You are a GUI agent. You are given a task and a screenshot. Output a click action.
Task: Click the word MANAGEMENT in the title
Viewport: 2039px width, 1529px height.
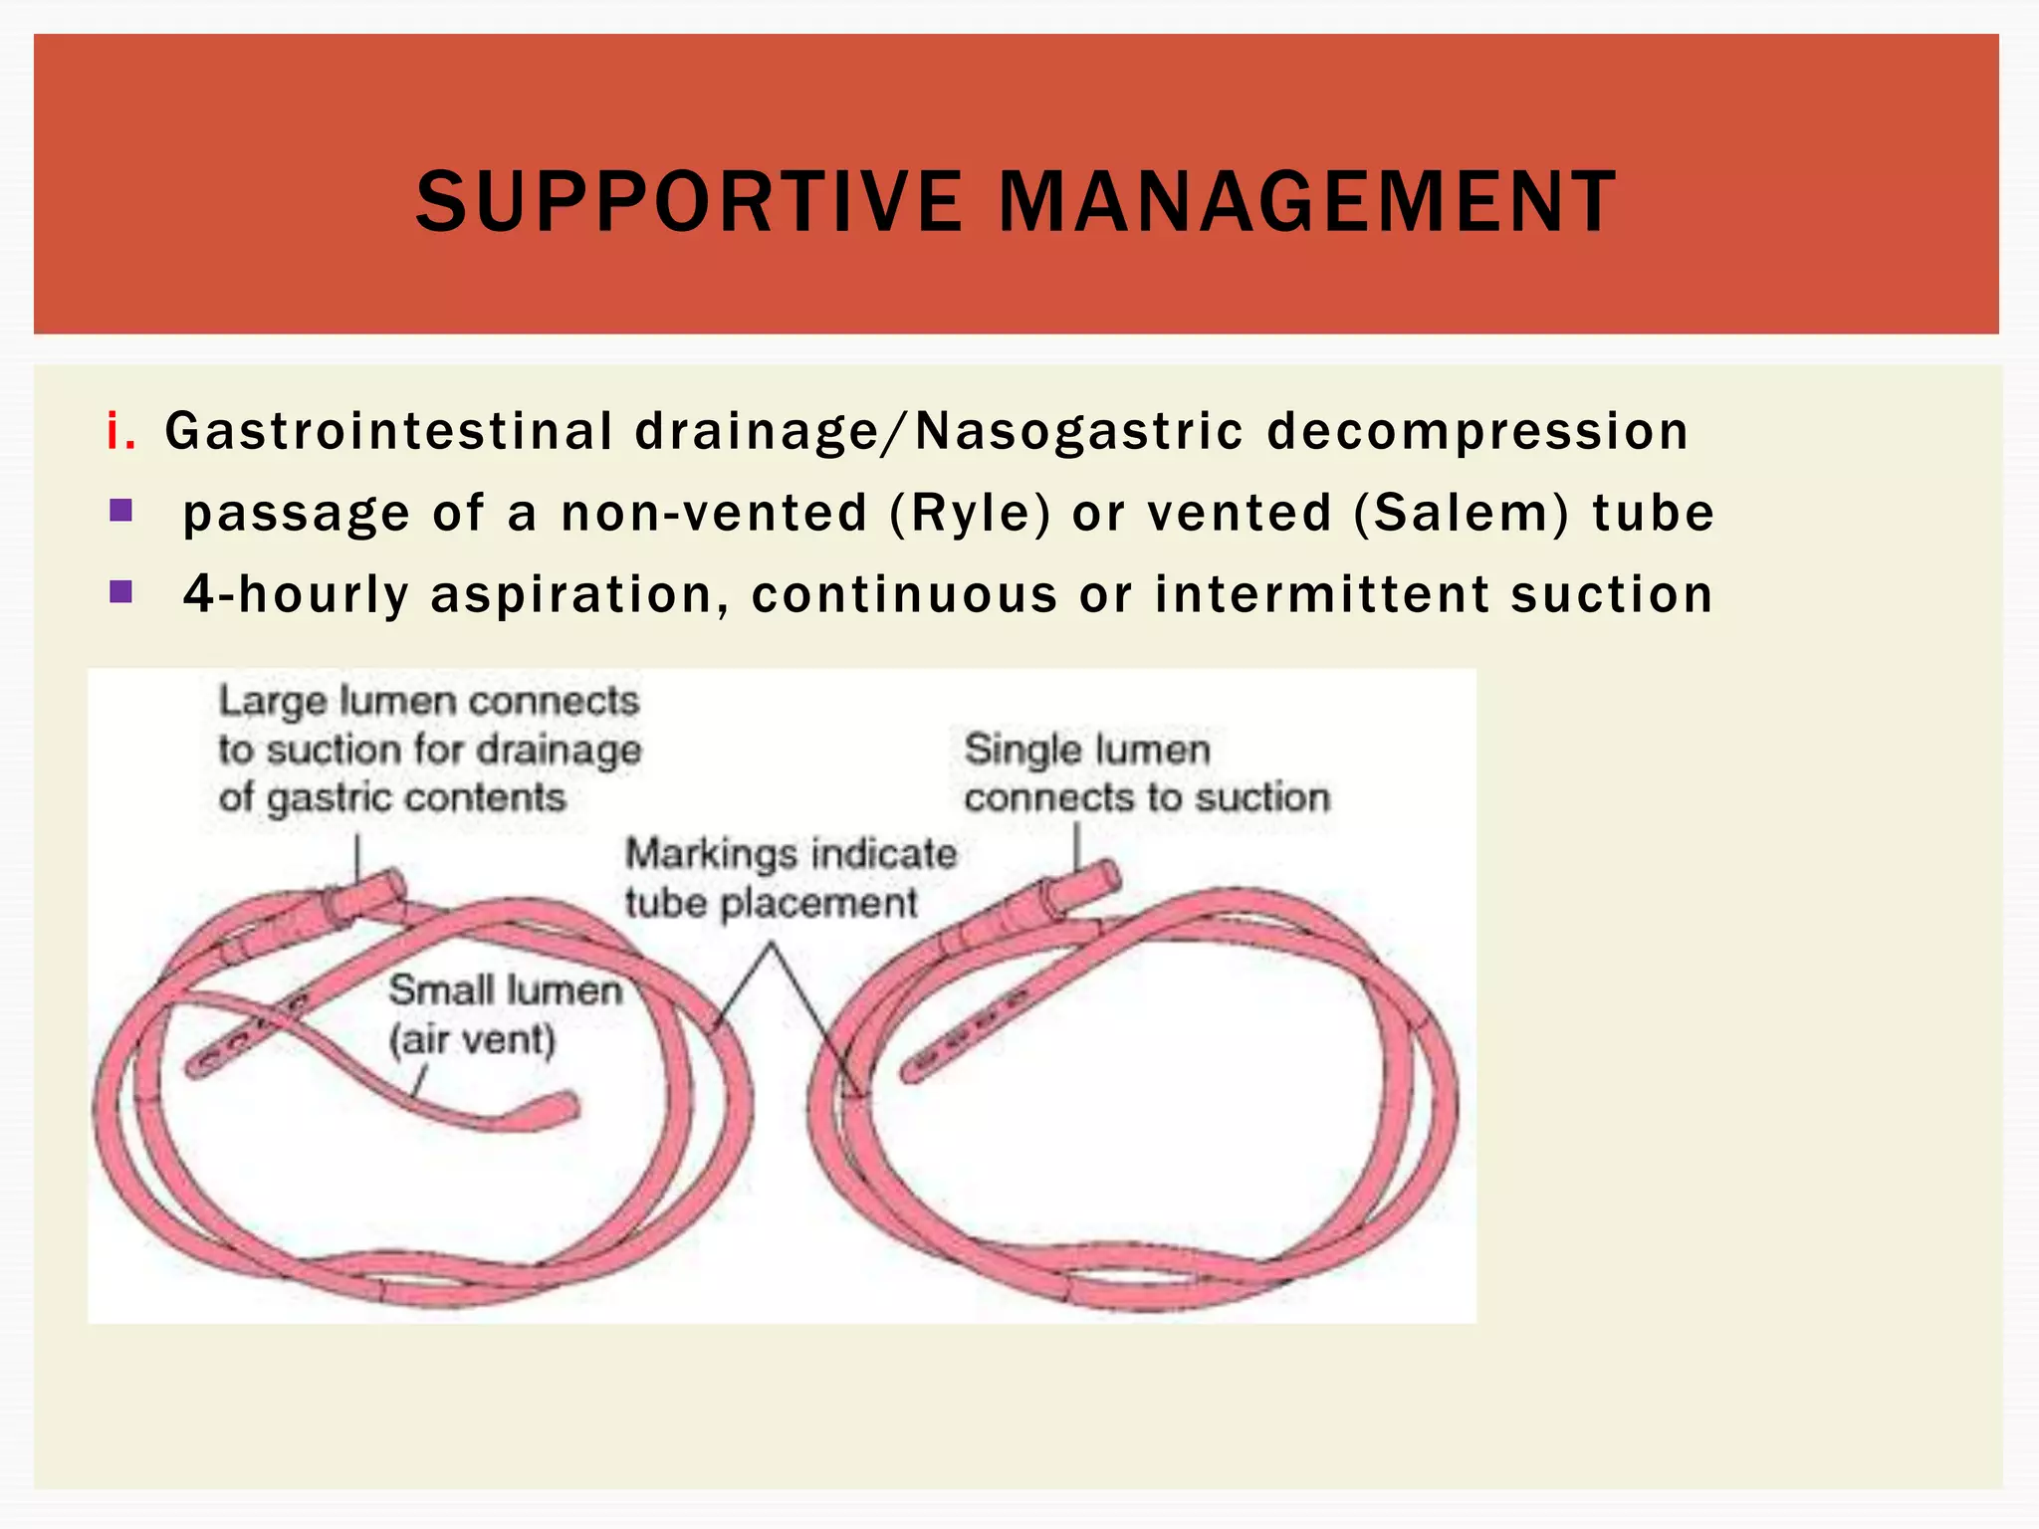(1306, 202)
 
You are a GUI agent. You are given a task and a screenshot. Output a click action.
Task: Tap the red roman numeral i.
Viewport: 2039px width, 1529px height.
(119, 431)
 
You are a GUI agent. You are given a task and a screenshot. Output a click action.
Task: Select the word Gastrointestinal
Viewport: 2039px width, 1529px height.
(388, 431)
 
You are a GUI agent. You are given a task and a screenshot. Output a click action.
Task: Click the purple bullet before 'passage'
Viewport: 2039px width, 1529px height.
(121, 512)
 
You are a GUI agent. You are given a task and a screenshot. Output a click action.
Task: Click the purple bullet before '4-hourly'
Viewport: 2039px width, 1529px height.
(121, 592)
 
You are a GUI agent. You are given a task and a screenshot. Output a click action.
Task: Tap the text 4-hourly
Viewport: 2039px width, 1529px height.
(296, 594)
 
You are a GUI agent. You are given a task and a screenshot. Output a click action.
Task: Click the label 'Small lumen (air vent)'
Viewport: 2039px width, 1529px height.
(504, 1014)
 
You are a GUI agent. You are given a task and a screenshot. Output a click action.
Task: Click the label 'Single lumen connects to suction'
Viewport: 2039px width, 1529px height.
(1146, 773)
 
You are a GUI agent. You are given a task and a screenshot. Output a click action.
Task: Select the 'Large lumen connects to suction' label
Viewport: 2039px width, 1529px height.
(429, 749)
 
